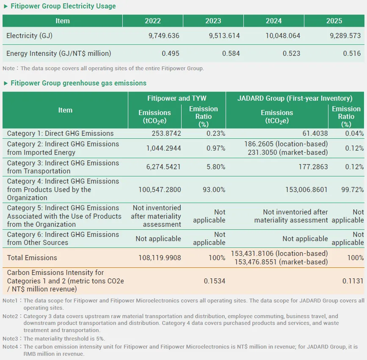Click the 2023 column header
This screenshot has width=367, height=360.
pyautogui.click(x=213, y=21)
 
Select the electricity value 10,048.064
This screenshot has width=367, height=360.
pyautogui.click(x=283, y=36)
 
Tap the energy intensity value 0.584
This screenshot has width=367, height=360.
pyautogui.click(x=231, y=53)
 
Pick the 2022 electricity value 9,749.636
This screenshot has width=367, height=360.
pyautogui.click(x=164, y=36)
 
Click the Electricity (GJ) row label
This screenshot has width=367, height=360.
pyautogui.click(x=29, y=36)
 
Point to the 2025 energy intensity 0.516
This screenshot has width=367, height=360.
pyautogui.click(x=352, y=53)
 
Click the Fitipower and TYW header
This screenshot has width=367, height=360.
pyautogui.click(x=177, y=98)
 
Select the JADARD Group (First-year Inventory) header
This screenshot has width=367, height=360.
pyautogui.click(x=295, y=98)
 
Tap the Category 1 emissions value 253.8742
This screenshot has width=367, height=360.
pyautogui.click(x=166, y=133)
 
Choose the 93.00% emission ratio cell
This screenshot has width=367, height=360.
pyautogui.click(x=214, y=190)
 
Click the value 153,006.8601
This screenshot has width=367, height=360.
pyautogui.click(x=306, y=190)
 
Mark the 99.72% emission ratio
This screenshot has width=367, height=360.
pyautogui.click(x=353, y=190)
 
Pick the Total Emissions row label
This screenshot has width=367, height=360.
pyautogui.click(x=32, y=258)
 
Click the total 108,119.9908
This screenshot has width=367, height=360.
pyautogui.click(x=160, y=258)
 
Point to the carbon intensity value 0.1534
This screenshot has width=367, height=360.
pyautogui.click(x=214, y=281)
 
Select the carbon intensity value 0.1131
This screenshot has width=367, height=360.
pyautogui.click(x=353, y=281)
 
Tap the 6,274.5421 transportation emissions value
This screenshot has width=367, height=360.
pyautogui.click(x=164, y=167)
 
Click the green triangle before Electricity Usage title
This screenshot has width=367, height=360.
pyautogui.click(x=6, y=6)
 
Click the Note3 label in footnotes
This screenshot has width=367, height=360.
pyautogui.click(x=10, y=338)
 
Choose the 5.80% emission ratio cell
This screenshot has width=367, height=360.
pyautogui.click(x=216, y=167)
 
